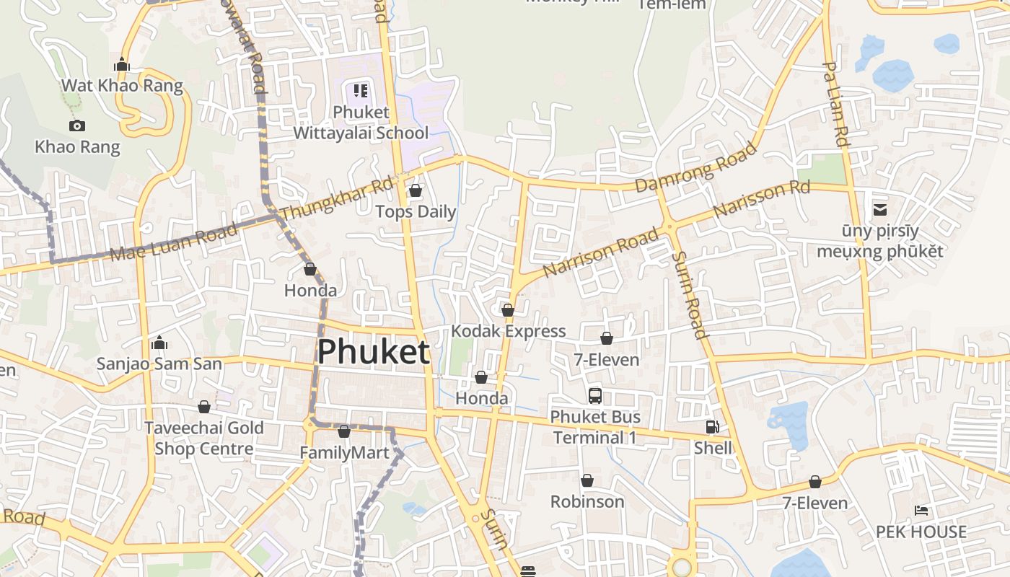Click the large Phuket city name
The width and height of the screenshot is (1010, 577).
[x=374, y=352]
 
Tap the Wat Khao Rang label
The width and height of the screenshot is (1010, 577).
[x=122, y=85]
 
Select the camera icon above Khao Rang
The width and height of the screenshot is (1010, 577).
[x=77, y=125]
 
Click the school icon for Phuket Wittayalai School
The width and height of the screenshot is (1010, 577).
[x=361, y=91]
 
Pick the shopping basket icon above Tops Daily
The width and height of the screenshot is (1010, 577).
[x=415, y=190]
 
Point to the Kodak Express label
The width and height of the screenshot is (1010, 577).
[x=508, y=331]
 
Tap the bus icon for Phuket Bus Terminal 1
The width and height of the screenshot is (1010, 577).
[x=594, y=395]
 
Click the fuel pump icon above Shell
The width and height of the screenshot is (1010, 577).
[x=713, y=427]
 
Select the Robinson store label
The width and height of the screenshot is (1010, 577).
[x=587, y=501]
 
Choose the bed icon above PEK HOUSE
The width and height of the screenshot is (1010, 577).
[x=921, y=511]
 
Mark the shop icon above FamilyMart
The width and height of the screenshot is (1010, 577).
[x=344, y=431]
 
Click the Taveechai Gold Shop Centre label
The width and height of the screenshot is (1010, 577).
[x=204, y=438]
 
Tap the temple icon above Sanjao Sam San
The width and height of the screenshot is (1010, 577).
[x=159, y=342]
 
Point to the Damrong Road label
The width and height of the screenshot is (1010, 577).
[x=695, y=168]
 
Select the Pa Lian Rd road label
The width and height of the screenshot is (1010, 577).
[x=835, y=104]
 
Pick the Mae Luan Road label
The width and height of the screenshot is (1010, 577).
[x=173, y=243]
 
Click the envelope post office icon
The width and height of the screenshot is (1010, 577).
[x=880, y=210]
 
